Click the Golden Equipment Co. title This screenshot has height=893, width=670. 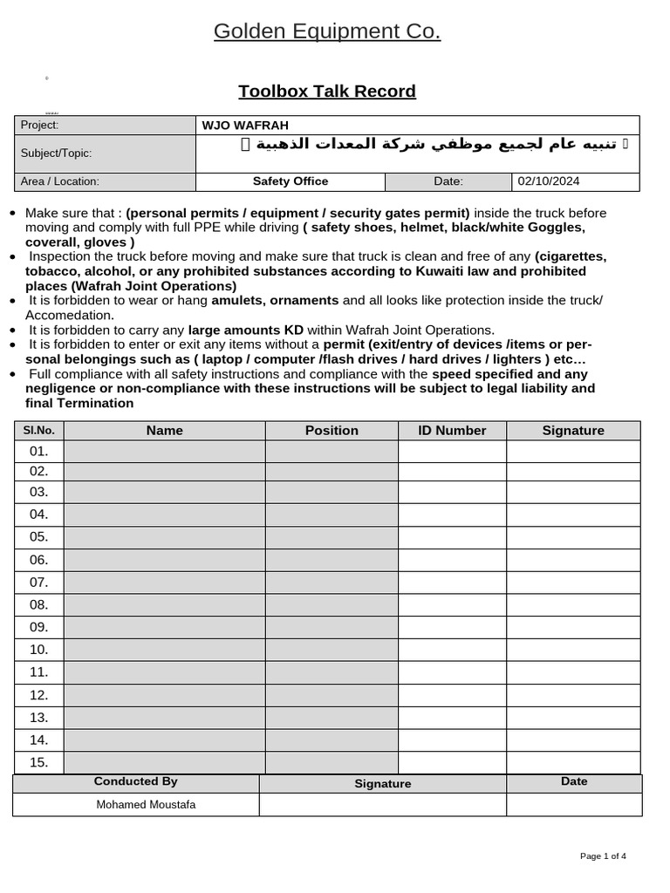pos(327,32)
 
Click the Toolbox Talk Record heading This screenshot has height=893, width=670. pos(327,92)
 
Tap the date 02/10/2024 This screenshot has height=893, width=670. pos(548,181)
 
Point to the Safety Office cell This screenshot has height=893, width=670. pos(291,181)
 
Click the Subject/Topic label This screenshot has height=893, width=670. pos(57,153)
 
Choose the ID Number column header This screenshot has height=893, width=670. pos(452,431)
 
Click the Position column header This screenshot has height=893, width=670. pos(332,431)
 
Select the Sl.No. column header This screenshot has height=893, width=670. pos(39,431)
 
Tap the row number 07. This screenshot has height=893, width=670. pos(39,582)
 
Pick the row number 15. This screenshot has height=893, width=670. pos(39,762)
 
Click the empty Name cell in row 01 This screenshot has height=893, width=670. pos(165,451)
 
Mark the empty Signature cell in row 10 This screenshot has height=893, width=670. pos(573,650)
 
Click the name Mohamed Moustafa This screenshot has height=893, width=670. pos(146,805)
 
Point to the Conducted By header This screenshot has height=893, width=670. pos(136,782)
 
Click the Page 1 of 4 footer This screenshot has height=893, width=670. pos(603,856)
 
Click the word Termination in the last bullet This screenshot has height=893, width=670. pos(97,403)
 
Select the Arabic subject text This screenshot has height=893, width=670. pos(428,144)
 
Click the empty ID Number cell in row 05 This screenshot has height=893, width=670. pos(452,536)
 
